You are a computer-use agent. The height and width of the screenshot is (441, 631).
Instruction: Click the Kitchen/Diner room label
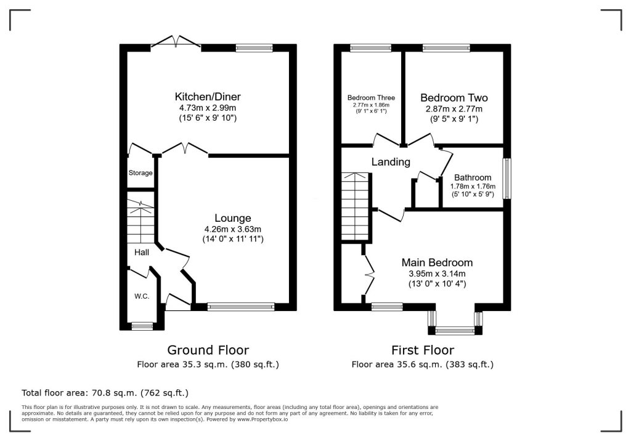coord(208,97)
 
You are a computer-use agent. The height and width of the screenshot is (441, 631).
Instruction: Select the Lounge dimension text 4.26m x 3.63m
coord(233,229)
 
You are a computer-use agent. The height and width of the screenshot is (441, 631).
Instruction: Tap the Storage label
coord(140,173)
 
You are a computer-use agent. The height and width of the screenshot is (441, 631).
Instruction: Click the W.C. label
coord(142,296)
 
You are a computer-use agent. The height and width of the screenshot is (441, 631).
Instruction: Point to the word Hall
coord(142,252)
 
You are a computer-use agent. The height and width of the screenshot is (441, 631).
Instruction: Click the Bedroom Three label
coord(371,98)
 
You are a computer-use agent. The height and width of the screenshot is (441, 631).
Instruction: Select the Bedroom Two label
coord(454,98)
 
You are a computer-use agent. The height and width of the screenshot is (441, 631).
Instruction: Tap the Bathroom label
coord(473,177)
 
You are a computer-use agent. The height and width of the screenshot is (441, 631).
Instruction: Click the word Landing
coord(391,162)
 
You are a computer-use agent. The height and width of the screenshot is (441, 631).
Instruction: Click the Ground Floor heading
coord(208,350)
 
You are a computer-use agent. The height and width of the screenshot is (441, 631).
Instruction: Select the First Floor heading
coord(423,350)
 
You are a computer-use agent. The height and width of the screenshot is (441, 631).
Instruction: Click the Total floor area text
coord(105,392)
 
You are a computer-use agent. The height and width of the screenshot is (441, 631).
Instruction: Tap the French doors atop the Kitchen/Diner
coord(176,41)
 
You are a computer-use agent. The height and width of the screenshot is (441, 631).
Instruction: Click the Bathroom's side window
coord(507,179)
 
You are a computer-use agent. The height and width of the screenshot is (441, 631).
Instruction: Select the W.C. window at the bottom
coord(143,326)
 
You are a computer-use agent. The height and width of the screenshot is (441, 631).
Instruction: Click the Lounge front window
coord(241,307)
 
